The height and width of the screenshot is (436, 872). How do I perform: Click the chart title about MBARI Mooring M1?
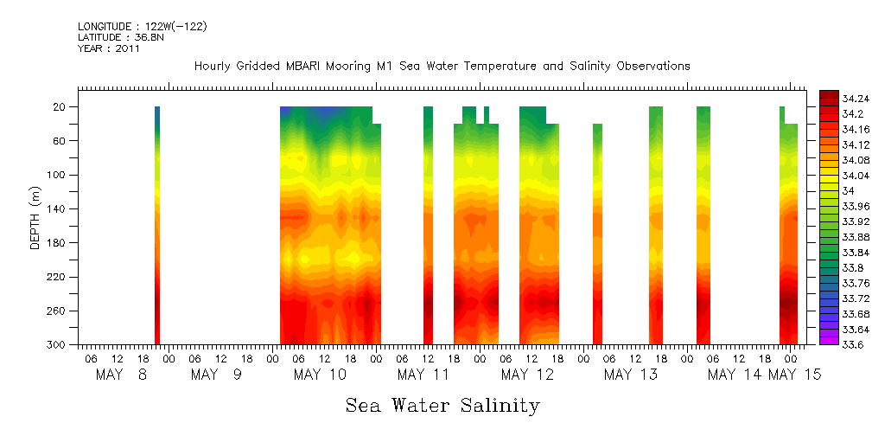442,66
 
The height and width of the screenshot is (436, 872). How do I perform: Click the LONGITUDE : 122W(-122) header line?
142,27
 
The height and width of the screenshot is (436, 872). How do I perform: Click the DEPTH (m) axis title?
35,217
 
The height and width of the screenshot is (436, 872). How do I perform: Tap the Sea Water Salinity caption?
442,405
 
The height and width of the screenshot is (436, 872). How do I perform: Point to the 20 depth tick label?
60,106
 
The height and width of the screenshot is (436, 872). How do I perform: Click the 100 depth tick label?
57,175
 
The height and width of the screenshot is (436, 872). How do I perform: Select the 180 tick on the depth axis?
57,243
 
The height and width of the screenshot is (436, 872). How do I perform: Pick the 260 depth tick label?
57,311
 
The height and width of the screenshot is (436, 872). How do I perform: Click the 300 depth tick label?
57,344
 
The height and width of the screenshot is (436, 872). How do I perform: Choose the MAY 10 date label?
320,375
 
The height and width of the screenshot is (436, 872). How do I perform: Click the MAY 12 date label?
527,375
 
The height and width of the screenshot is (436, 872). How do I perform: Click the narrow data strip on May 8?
157,225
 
